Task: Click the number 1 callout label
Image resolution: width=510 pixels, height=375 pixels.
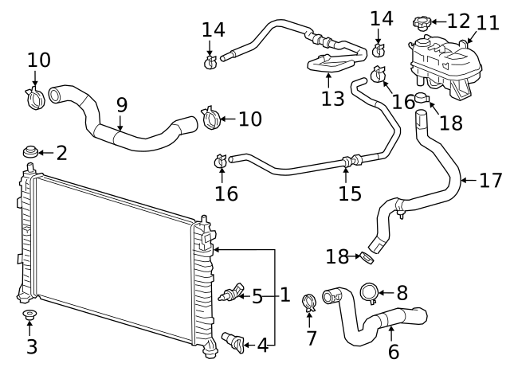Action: pyautogui.click(x=284, y=296)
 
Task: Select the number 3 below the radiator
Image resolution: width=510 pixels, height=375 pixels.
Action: pyautogui.click(x=31, y=346)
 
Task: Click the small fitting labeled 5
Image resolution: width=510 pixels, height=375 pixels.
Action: pyautogui.click(x=231, y=295)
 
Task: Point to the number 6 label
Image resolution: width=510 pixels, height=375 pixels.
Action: pyautogui.click(x=393, y=351)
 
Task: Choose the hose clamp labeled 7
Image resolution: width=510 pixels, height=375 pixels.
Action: pyautogui.click(x=311, y=303)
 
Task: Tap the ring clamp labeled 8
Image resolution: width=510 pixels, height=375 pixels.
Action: pyautogui.click(x=371, y=293)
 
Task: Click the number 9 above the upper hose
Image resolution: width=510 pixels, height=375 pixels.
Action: pyautogui.click(x=121, y=104)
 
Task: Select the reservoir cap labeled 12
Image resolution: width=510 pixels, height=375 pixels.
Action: pyautogui.click(x=422, y=21)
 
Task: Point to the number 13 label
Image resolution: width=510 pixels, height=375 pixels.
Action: pyautogui.click(x=333, y=99)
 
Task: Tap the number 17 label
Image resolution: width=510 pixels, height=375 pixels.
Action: pyautogui.click(x=490, y=180)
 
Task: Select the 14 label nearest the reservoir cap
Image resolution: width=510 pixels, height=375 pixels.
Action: pyautogui.click(x=381, y=17)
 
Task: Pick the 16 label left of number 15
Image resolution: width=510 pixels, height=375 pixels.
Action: pyautogui.click(x=226, y=193)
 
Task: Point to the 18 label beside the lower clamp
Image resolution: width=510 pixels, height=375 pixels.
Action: pyautogui.click(x=338, y=256)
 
